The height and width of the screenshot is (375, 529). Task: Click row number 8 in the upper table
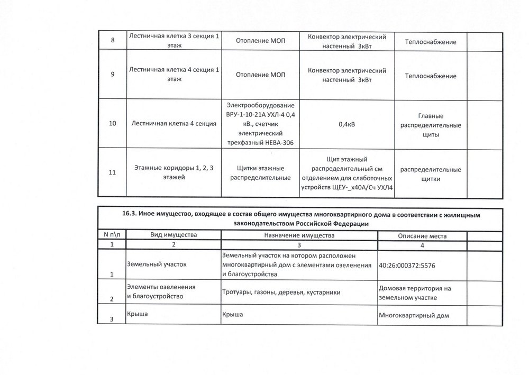click(112, 42)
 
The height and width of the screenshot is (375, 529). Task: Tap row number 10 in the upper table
click(112, 124)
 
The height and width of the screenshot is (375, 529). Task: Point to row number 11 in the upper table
click(112, 172)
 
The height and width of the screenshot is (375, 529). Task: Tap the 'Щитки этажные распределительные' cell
click(260, 172)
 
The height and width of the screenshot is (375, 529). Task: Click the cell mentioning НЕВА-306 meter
click(260, 124)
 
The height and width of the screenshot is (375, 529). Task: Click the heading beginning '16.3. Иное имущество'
click(296, 219)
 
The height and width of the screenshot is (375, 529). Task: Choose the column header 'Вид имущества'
click(173, 235)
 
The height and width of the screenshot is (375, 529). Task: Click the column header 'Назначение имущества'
click(299, 235)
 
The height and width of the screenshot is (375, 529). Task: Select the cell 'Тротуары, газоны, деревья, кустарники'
click(280, 292)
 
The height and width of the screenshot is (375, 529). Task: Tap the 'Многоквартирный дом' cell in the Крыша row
click(414, 316)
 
